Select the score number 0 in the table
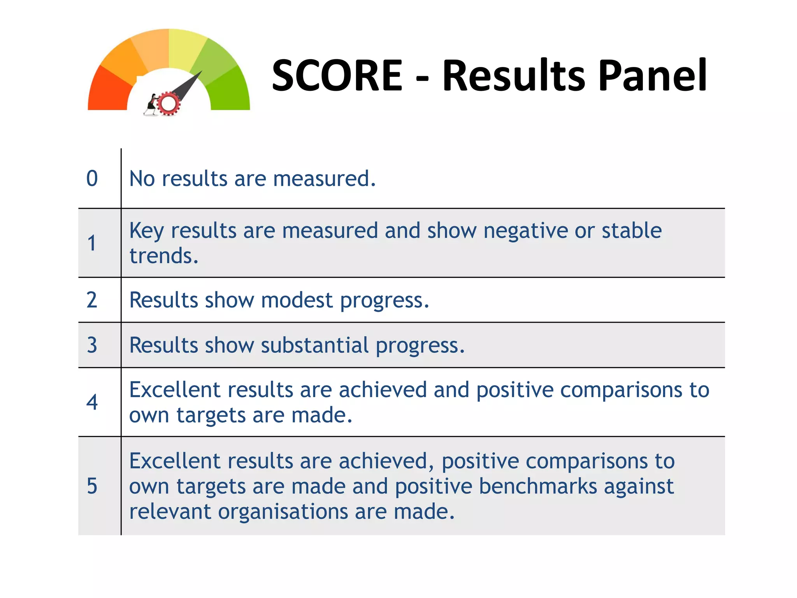[x=92, y=179]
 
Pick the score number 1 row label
[x=91, y=243]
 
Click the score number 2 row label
[x=92, y=300]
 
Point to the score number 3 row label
[x=92, y=345]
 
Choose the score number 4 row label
[x=92, y=402]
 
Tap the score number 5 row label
[x=92, y=486]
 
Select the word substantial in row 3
[x=314, y=345]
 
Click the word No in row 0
[x=142, y=179]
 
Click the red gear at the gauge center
[x=169, y=104]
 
